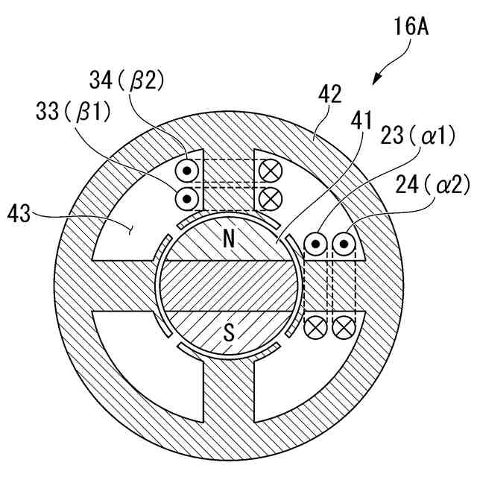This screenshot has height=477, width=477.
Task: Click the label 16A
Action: pos(414,30)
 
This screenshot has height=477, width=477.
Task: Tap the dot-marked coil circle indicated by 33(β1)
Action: pos(186,198)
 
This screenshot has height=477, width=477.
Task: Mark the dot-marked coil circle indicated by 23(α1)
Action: pos(318,244)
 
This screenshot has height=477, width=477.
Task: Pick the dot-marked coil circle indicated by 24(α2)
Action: pos(344,244)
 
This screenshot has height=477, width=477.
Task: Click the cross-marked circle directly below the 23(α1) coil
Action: pos(318,325)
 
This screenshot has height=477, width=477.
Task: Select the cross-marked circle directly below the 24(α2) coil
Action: pos(344,325)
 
